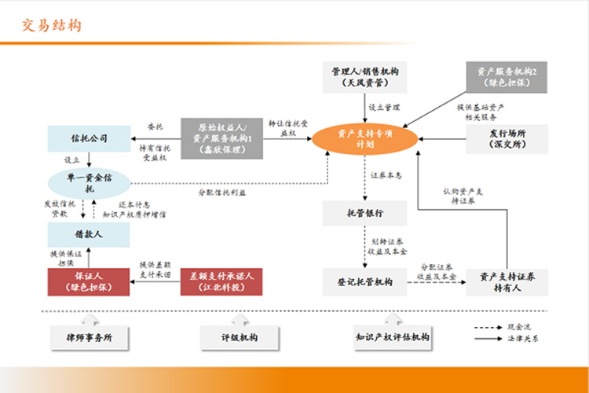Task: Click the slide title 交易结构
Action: point(51,25)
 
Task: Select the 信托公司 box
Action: point(89,138)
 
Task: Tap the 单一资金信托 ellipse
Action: point(88,183)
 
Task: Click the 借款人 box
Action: point(89,233)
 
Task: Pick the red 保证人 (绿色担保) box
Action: point(89,281)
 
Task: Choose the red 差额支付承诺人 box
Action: point(221,281)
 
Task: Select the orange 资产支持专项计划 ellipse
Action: point(364,138)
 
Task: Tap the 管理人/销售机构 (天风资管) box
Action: point(364,76)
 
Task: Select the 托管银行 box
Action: point(364,212)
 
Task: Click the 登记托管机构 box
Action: point(364,281)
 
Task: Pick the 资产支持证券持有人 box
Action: point(507,281)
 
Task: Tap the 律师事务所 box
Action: point(88,337)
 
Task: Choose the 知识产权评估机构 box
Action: point(392,337)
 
